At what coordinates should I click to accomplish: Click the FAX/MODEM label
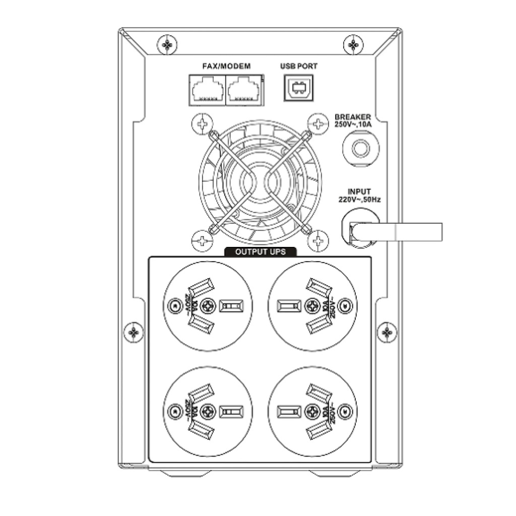226,66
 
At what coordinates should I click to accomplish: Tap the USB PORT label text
298,66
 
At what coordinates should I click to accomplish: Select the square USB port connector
298,89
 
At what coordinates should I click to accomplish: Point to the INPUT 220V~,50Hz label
359,196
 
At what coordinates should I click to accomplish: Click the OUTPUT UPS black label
261,252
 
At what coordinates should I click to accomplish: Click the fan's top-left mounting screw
202,123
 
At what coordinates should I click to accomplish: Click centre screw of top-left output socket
208,305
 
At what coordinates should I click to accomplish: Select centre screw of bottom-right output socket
313,409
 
